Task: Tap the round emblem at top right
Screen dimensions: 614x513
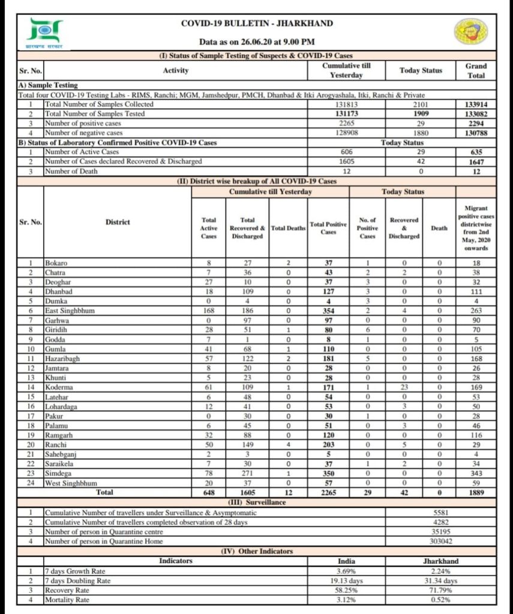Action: pyautogui.click(x=470, y=34)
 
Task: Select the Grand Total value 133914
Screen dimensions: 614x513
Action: pyautogui.click(x=476, y=104)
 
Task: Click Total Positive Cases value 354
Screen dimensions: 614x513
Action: pyautogui.click(x=328, y=311)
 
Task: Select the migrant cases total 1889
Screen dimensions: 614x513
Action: pyautogui.click(x=476, y=492)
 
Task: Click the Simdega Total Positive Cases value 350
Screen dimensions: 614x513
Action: pyautogui.click(x=328, y=473)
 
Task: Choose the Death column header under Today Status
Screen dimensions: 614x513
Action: pyautogui.click(x=439, y=228)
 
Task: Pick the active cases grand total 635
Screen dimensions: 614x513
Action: pyautogui.click(x=476, y=152)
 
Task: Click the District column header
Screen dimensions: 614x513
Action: pyautogui.click(x=118, y=222)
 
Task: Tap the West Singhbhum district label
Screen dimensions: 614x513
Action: pyautogui.click(x=71, y=483)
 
